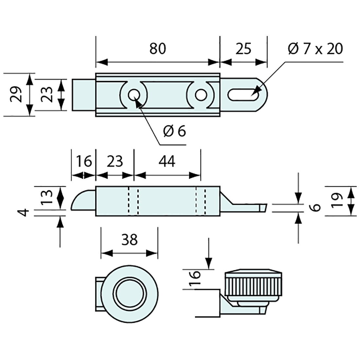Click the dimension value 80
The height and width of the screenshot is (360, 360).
[158, 49]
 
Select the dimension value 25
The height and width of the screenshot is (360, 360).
[243, 49]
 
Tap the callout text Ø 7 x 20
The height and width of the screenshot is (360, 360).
[315, 49]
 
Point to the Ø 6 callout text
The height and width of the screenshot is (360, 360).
[174, 131]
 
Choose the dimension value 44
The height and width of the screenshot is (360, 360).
[167, 161]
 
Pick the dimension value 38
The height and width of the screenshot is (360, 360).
[129, 240]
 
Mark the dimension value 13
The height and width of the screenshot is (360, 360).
[46, 196]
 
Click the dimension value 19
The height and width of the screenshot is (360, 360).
[337, 201]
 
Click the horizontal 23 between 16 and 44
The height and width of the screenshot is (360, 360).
[115, 161]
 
